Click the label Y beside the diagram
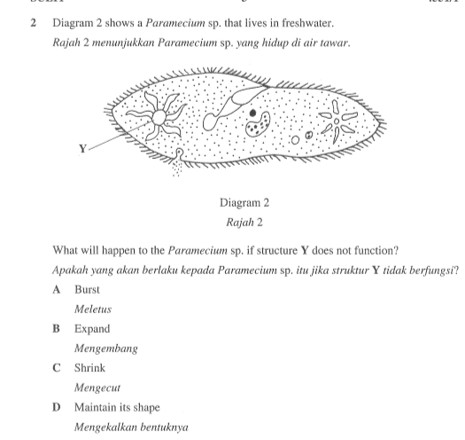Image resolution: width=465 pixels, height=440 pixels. [x=83, y=148]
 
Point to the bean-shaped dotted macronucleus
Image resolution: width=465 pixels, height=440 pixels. [x=258, y=130]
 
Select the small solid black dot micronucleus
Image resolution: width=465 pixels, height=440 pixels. [x=254, y=114]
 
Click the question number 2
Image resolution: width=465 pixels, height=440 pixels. [x=33, y=20]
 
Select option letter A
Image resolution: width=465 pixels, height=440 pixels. [x=56, y=289]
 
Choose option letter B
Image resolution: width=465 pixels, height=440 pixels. [x=56, y=328]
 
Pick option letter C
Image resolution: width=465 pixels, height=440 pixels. [x=56, y=367]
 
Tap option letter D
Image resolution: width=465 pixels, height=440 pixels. [x=56, y=407]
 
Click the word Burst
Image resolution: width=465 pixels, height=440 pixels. [x=87, y=289]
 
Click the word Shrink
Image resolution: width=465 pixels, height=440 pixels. [x=89, y=367]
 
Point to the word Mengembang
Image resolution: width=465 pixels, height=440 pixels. [x=105, y=349]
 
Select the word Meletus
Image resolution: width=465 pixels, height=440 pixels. [x=92, y=310]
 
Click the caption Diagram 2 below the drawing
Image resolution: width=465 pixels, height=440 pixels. [x=235, y=202]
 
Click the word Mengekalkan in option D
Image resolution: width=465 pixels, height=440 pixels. [x=105, y=427]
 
